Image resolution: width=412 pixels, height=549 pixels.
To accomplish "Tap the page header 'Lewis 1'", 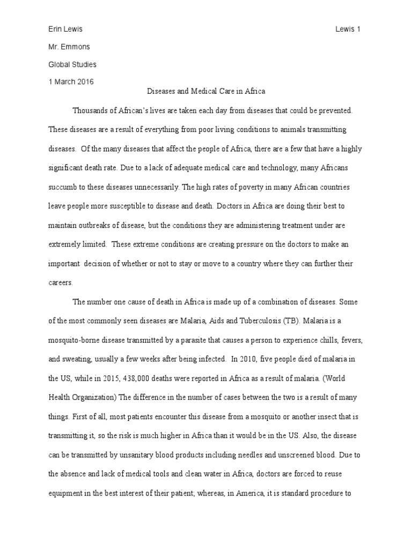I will pos(347,29).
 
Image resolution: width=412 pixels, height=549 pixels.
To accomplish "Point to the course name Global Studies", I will pos(72,64).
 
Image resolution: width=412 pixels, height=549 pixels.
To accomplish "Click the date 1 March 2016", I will pos(71,82).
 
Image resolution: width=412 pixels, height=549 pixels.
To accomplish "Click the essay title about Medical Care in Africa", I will pos(206,92).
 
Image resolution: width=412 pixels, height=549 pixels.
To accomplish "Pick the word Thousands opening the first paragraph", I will pos(91,110).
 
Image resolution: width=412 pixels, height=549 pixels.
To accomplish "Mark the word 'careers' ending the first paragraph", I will pos(62,283).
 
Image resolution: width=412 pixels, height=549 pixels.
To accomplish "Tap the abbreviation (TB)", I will pos(287,321).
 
